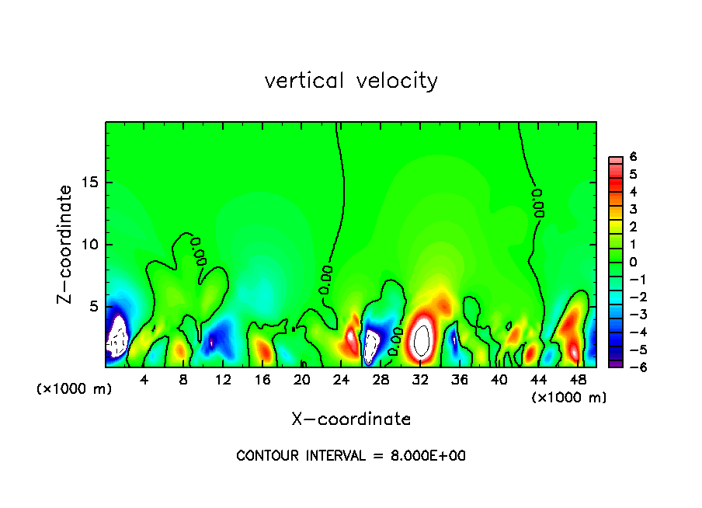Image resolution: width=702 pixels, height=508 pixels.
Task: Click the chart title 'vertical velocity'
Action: coord(351,81)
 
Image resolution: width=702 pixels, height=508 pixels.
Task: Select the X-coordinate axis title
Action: coord(351,419)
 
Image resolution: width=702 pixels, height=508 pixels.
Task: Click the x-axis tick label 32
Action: coord(420,380)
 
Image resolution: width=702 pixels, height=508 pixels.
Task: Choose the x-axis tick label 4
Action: coord(144,380)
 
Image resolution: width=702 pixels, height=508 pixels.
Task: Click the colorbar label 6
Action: coord(633,156)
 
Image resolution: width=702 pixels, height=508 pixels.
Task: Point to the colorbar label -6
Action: coord(631,367)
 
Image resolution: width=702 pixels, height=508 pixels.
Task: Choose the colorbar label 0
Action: coord(633,262)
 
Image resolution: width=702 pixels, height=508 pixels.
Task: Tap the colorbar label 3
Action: coord(633,209)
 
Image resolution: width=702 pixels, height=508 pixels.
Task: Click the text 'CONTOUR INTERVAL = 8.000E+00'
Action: coord(351,456)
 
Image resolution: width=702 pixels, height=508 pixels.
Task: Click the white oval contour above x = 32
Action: coord(422,339)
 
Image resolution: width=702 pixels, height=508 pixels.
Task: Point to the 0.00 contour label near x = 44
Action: coord(537,202)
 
